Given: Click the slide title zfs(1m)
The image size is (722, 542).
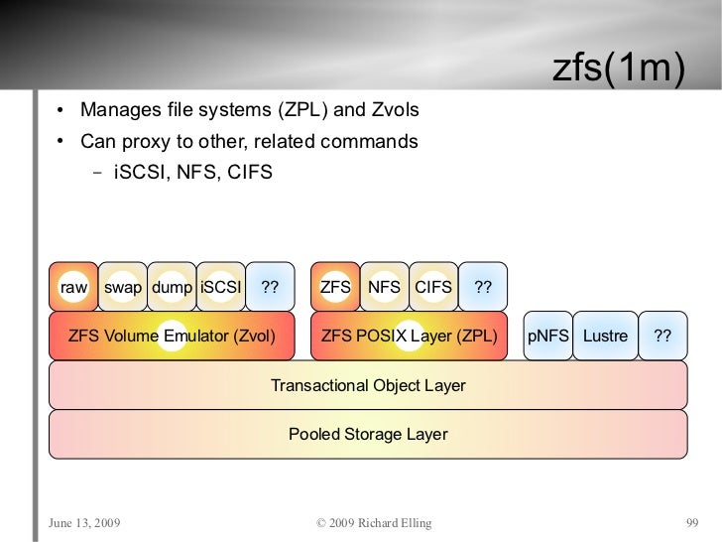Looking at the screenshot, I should tap(618, 70).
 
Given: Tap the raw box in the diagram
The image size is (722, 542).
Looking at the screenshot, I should tap(74, 287).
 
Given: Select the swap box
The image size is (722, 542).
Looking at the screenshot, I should tap(123, 287).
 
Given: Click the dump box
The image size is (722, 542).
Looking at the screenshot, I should tap(173, 287).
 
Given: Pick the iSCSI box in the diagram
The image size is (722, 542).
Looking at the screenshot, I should tap(220, 287).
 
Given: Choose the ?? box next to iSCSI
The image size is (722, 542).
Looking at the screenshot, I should tap(270, 287).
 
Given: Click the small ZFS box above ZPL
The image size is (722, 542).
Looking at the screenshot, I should tap(335, 287).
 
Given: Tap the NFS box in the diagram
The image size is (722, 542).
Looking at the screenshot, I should tap(384, 287).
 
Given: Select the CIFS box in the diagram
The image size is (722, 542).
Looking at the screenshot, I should tap(433, 287).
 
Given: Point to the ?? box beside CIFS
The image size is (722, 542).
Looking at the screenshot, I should tap(483, 287).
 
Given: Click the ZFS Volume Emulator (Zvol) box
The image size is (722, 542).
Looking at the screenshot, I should tap(173, 336).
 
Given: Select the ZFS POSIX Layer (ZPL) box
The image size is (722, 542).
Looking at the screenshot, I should tap(409, 336).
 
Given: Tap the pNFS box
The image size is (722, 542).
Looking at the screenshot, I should tap(547, 336).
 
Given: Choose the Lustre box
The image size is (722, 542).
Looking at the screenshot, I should tap(605, 336).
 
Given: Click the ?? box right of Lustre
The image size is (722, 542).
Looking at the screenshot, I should tap(662, 336).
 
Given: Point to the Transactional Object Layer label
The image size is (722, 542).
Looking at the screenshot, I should tap(368, 385).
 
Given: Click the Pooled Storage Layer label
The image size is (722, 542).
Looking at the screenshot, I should tap(368, 434).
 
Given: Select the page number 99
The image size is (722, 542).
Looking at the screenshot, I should tap(692, 522).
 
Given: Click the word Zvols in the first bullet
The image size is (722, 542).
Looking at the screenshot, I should tap(395, 109).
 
